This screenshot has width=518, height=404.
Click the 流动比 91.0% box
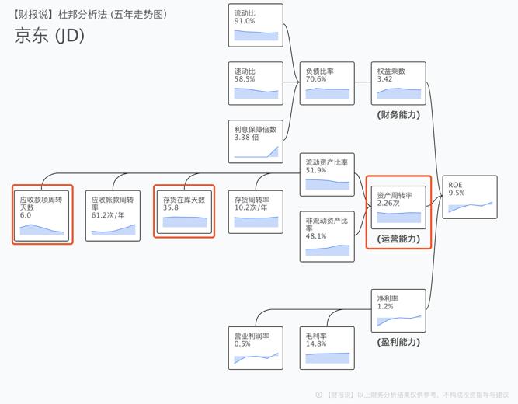tap(256, 25)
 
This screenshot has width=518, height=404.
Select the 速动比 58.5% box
tap(256, 83)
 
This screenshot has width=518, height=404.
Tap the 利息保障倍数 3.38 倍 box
tap(256, 141)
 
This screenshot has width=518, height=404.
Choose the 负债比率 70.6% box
tap(327, 83)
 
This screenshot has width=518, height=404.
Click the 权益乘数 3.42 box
tap(398, 83)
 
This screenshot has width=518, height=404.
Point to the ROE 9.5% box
tap(470, 197)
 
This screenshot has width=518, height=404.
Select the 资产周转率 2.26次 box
tap(398, 206)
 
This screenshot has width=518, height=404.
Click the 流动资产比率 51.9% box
tap(327, 174)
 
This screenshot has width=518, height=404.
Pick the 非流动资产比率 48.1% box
tap(327, 235)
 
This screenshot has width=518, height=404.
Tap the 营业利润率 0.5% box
tap(256, 347)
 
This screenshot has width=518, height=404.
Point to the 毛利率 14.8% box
tap(327, 347)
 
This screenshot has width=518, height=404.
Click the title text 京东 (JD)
tap(49, 36)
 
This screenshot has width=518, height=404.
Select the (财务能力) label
tap(398, 115)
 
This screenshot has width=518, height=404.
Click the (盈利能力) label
tap(398, 342)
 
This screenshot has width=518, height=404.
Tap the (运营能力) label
tap(398, 239)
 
